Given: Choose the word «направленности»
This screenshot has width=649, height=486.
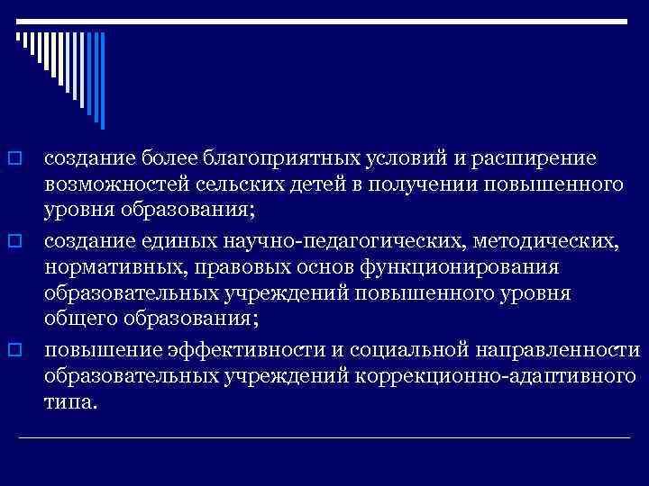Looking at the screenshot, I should [x=539, y=349].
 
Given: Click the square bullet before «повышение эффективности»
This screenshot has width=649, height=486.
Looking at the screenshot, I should [x=14, y=348].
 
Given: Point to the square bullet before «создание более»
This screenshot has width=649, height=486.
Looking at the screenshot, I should [x=14, y=159].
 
